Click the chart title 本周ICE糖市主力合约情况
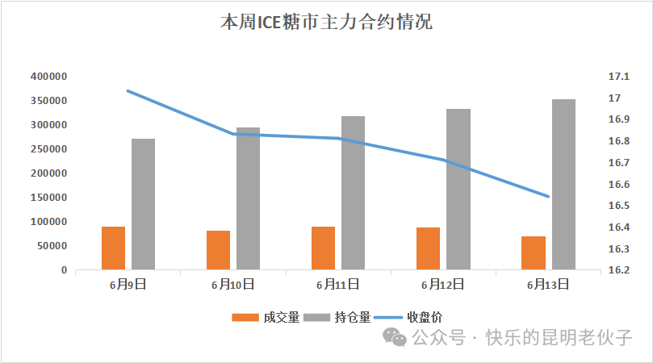coord(326,23)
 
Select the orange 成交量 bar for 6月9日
coord(113,248)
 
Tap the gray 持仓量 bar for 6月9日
coord(143,204)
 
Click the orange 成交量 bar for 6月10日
coord(218,250)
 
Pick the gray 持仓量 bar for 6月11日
coord(353,193)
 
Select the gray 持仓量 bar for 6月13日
coord(563,185)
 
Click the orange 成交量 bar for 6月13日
coord(533,252)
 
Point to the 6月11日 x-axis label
coord(337,284)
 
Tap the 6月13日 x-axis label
coord(547,284)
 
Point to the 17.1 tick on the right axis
coord(617,77)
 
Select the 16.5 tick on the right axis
coord(617,206)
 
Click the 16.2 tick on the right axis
coord(617,270)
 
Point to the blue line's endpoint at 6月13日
coord(548,196)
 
